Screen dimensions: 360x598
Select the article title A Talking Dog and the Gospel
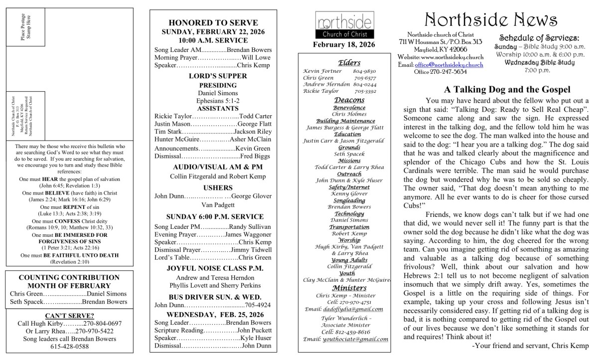pos(507,90)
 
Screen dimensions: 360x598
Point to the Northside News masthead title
pos(491,19)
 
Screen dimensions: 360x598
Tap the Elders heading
pos(346,62)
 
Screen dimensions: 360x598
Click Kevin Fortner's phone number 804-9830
pos(368,71)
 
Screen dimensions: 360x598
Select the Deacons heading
pos(349,100)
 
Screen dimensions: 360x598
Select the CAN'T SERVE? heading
pos(69,316)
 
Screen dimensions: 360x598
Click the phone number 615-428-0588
pos(69,347)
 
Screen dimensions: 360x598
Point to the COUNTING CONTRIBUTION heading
pos(69,277)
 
